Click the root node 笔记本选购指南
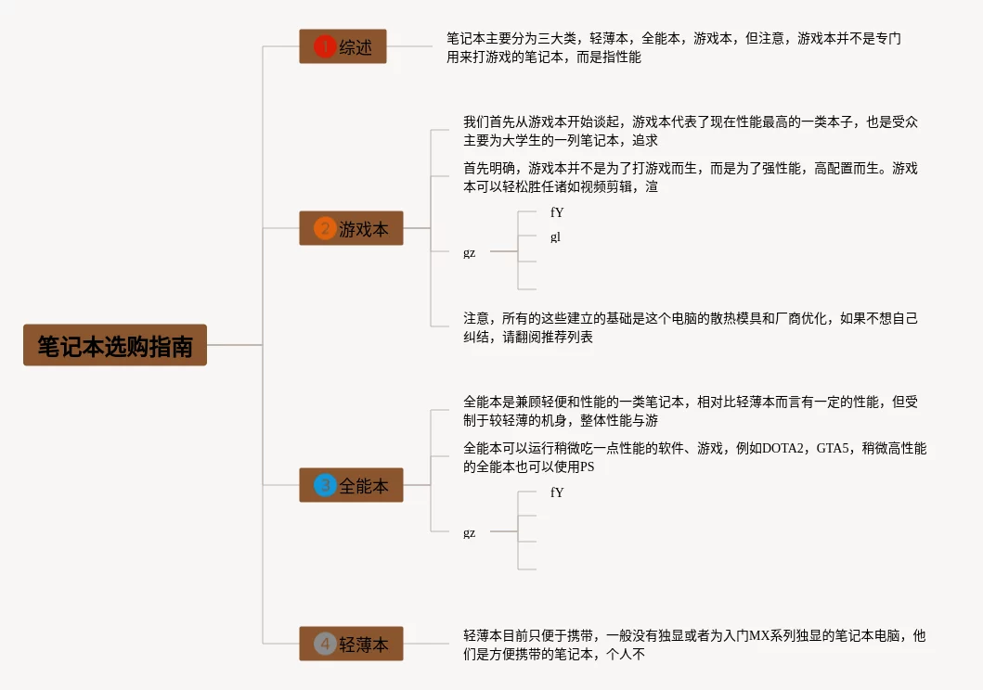point(115,345)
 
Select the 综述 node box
point(343,46)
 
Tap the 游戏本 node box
point(351,228)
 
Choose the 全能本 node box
point(351,485)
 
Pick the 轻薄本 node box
point(351,644)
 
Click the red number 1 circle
point(324,46)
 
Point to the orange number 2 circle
point(324,228)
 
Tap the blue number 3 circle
point(325,485)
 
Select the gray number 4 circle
point(325,644)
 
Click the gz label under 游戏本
point(470,252)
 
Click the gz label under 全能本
point(470,532)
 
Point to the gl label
point(555,236)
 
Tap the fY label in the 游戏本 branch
point(557,212)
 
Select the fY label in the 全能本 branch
point(557,492)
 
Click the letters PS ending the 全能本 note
point(587,467)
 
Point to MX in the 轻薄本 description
point(759,636)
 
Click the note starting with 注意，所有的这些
point(691,327)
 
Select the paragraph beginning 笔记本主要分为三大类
point(673,47)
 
